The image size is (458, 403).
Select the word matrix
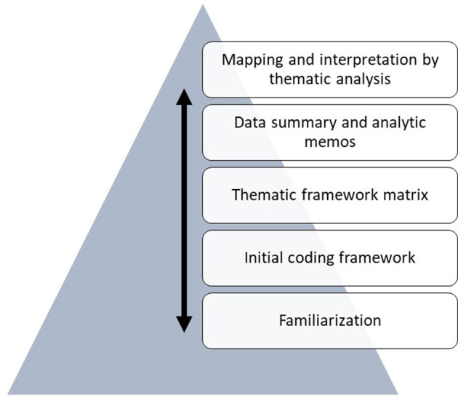tap(406, 195)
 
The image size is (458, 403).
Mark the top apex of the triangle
tap(202, 6)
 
